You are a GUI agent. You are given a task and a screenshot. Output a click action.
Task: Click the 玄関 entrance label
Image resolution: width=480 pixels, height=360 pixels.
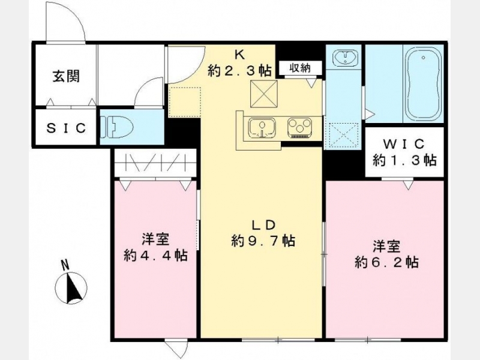[66, 76]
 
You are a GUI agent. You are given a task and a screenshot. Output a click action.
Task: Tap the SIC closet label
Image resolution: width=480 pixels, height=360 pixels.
[66, 128]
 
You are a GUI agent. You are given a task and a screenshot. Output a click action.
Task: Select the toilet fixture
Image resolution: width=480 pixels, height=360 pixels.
[117, 127]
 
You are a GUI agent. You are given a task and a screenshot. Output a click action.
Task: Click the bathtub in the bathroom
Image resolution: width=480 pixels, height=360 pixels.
[423, 84]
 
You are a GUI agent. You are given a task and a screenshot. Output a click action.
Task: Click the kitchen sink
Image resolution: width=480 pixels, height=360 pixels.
[262, 128]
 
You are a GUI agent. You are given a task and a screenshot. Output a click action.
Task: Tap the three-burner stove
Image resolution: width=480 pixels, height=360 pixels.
[299, 128]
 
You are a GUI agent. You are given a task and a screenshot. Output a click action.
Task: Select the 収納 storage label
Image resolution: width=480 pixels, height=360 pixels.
[300, 68]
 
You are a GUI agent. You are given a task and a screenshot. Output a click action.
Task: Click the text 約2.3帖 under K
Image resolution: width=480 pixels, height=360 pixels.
[239, 71]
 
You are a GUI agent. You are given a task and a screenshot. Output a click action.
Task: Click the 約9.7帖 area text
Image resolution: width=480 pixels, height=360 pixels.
[263, 241]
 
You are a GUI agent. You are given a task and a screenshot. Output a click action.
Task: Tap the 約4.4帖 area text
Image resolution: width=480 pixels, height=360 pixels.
[156, 254]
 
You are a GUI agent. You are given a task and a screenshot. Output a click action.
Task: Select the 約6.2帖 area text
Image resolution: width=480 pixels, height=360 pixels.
[387, 262]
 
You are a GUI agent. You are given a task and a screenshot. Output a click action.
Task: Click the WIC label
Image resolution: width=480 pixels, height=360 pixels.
[404, 143]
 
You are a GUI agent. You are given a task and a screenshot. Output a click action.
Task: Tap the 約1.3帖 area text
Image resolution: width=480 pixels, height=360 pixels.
[404, 160]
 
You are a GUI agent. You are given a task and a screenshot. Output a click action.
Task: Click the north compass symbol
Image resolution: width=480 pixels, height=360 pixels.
[71, 288]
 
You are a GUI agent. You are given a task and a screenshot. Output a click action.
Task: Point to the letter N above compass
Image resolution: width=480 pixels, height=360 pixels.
[64, 265]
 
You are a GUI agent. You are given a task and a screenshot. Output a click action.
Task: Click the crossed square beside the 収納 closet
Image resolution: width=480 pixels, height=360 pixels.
[264, 94]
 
